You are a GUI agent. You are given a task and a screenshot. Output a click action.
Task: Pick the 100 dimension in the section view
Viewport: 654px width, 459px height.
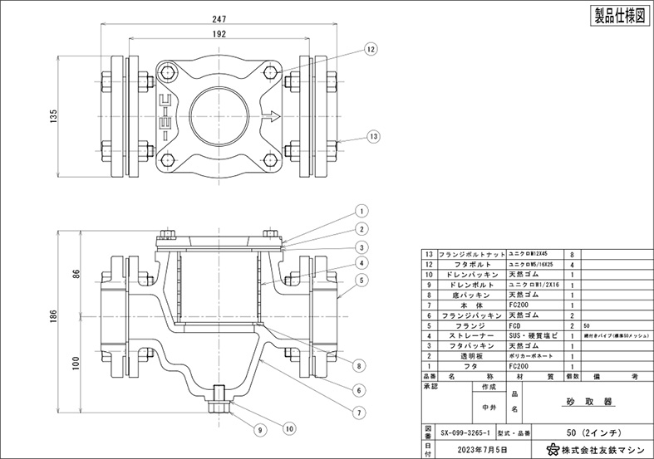76,362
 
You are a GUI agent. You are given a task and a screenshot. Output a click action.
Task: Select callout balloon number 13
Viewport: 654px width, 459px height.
373,135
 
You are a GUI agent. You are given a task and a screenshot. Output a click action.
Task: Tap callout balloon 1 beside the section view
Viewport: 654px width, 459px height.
362,211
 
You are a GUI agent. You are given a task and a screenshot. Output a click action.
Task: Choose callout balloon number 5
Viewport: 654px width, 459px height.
362,281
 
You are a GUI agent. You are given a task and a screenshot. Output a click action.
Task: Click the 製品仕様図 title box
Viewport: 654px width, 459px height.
619,16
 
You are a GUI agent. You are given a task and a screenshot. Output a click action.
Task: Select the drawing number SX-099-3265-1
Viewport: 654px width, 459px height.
465,432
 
